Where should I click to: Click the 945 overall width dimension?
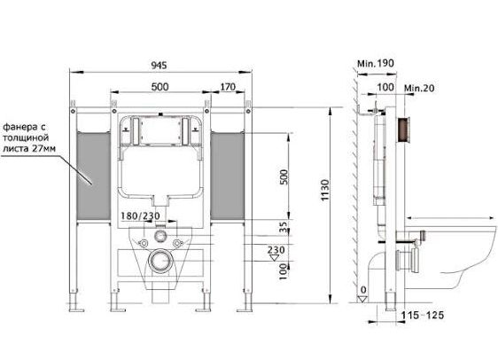click(x=159, y=65)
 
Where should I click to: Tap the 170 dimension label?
click(x=228, y=87)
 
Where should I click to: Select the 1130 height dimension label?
click(x=325, y=190)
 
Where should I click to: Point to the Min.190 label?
click(x=376, y=63)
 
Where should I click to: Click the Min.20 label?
click(x=419, y=88)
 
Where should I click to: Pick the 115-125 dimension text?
click(x=423, y=315)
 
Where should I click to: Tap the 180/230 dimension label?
click(x=140, y=216)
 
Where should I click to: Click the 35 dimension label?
click(x=284, y=226)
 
